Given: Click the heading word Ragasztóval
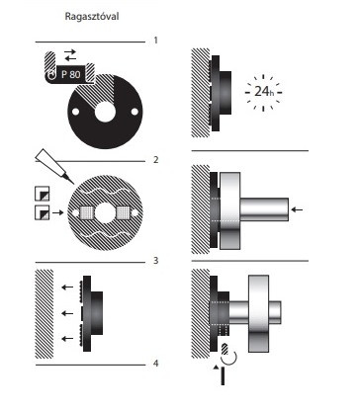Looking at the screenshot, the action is pos(92,17).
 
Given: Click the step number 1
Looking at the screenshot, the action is pos(155,41).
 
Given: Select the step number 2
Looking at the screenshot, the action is pos(156,160).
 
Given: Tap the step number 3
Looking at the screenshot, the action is pos(156,261).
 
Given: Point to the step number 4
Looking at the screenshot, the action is pos(156,364).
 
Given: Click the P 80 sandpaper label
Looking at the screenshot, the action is pos(70,74).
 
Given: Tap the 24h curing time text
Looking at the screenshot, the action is pos(264,91).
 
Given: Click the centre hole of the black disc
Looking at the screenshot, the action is pos(105,112).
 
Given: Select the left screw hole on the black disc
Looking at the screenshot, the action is pos(75,112).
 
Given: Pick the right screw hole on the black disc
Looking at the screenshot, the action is pos(135,112).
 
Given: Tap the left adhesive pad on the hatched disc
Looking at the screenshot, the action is pos(87,212).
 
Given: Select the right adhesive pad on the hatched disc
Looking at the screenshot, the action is pos(124,212).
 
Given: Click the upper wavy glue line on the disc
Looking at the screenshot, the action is pos(105,192).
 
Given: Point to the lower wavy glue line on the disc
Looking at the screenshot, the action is pos(105,234).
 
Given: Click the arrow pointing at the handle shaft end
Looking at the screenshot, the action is pos(298,209).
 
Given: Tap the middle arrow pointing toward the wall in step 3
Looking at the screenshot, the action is pos(67,313).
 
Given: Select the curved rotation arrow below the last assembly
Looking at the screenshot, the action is pos(228,359).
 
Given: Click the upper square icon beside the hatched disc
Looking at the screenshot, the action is pos(43,194).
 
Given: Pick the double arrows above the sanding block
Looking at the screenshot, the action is pos(70,55).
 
